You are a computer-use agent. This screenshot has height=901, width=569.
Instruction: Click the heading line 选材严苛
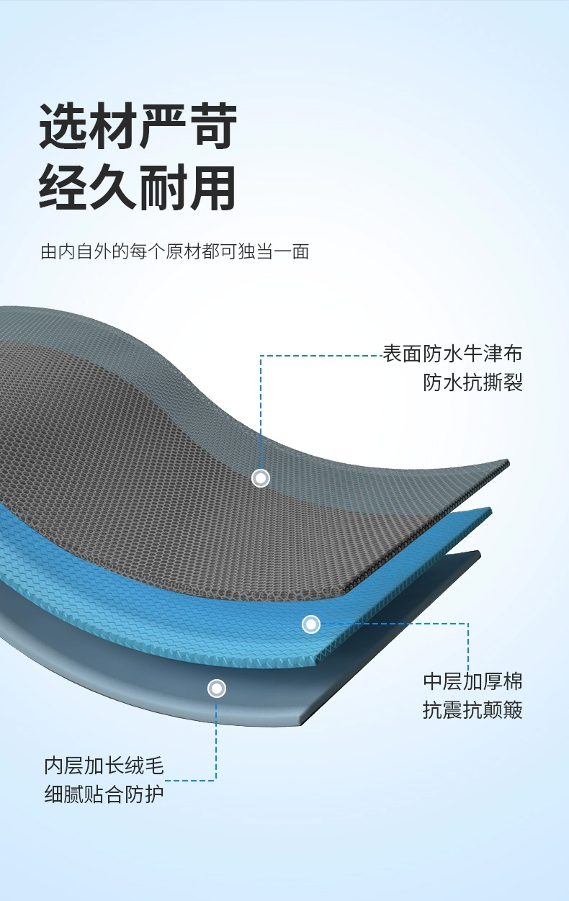click(x=138, y=127)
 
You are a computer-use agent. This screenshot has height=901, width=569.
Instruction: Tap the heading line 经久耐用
click(x=138, y=189)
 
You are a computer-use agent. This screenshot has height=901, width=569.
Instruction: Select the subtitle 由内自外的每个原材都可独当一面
click(x=175, y=252)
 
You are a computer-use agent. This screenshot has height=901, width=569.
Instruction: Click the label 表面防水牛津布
click(x=452, y=354)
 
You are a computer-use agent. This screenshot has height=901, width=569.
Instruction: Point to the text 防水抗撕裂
click(x=472, y=382)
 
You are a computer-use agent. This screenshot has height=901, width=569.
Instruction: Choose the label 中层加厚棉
click(x=472, y=681)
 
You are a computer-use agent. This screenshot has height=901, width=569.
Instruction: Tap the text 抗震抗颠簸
click(x=472, y=711)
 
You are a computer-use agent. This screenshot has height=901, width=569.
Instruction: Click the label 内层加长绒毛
click(x=104, y=766)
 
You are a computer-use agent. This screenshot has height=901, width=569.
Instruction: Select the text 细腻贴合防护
click(x=104, y=795)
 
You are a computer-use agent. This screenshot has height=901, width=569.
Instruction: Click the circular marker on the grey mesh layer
click(x=261, y=478)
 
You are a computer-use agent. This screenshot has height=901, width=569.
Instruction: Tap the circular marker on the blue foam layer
click(x=310, y=624)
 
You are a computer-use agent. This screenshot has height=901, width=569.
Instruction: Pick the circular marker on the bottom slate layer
click(x=217, y=689)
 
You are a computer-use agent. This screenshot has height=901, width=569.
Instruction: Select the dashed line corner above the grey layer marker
click(x=261, y=355)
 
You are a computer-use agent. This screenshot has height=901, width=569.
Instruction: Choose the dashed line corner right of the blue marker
click(x=468, y=624)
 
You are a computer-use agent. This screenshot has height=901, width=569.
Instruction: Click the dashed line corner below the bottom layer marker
click(x=215, y=780)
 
